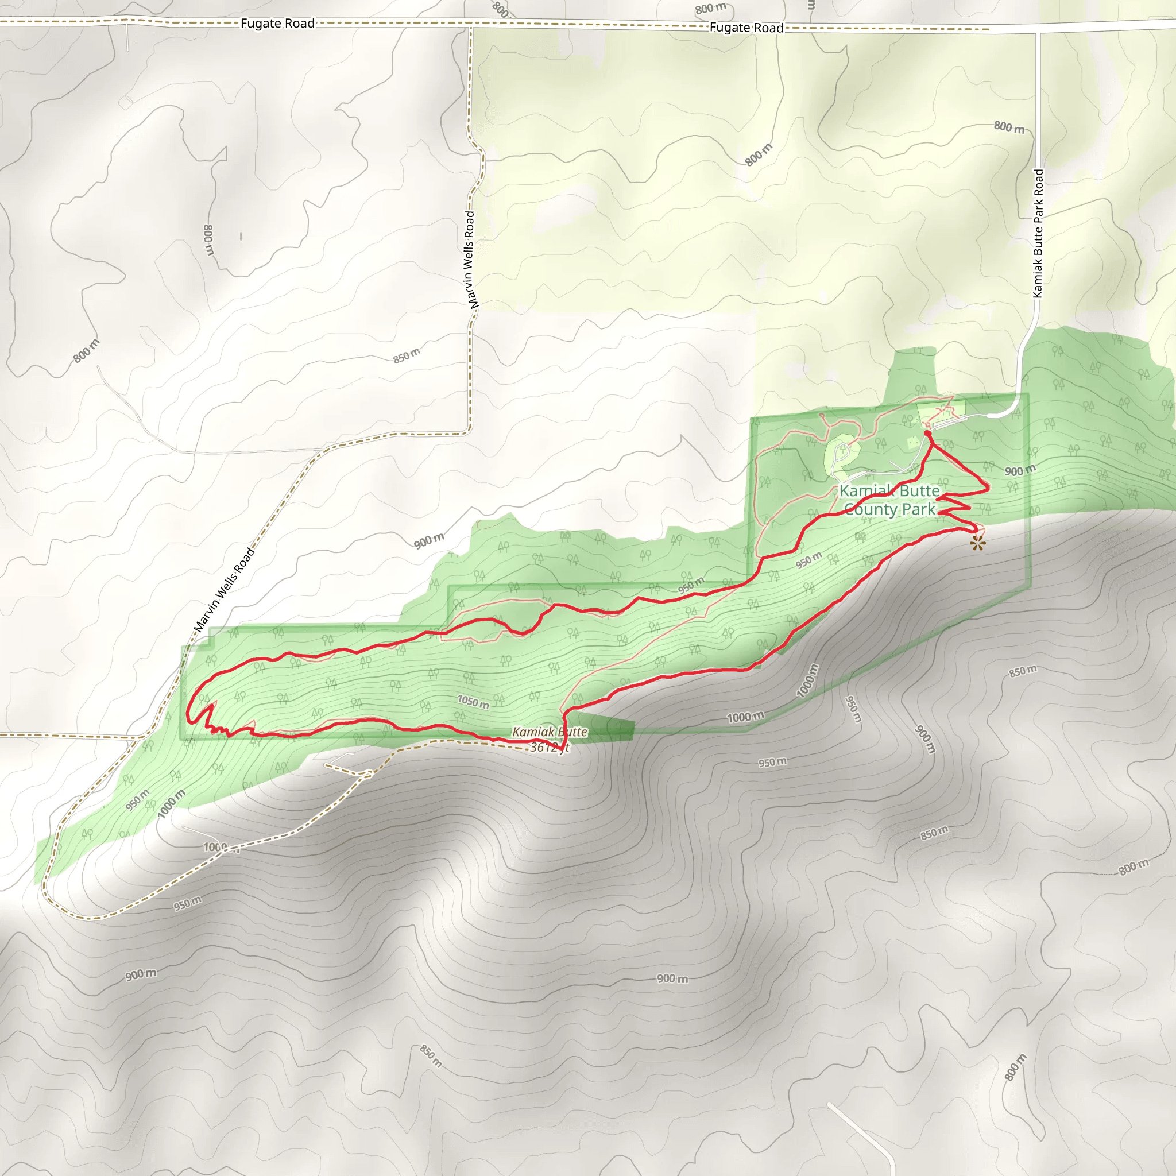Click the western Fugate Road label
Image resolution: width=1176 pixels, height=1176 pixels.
[x=277, y=23]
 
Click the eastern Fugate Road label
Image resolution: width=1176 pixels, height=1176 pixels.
[x=746, y=28]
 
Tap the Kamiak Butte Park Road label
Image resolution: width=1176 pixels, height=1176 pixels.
[x=1038, y=233]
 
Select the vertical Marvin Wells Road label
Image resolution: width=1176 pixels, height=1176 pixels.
[x=470, y=259]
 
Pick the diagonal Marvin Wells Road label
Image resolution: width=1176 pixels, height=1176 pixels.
[x=224, y=589]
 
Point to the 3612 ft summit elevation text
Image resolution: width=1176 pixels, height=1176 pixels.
[x=549, y=748]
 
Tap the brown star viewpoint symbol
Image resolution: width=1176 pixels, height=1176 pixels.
[x=977, y=543]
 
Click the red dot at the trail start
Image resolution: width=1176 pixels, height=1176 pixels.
[x=927, y=434]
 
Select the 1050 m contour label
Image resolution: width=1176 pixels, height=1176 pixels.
[x=474, y=702]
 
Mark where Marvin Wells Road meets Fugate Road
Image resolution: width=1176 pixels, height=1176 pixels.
[x=470, y=26]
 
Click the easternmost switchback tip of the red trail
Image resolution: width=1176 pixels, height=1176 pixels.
[x=987, y=487]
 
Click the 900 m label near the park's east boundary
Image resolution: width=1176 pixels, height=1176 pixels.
[x=1020, y=470]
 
